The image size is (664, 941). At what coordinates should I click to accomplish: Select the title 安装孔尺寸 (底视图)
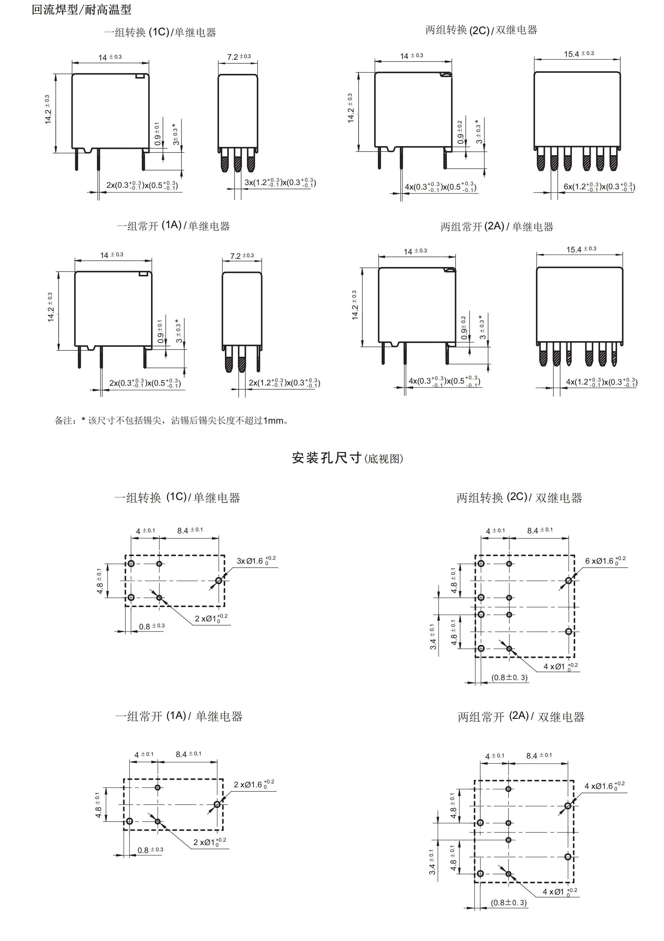pos(347,458)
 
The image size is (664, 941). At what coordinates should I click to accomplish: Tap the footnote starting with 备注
pos(172,420)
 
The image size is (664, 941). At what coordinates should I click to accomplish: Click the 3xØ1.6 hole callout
pos(256,561)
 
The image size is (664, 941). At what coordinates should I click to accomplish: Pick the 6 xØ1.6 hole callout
pos(605,561)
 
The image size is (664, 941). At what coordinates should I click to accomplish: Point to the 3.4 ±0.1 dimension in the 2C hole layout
pos(433,637)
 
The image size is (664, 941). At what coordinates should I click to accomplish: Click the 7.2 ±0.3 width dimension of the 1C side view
pos(239,57)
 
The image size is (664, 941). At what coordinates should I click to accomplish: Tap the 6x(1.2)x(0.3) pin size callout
pos(599,187)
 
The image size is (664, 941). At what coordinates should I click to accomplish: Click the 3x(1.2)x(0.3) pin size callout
pos(280,183)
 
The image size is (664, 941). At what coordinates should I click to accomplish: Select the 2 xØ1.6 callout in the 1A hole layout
pos(254,785)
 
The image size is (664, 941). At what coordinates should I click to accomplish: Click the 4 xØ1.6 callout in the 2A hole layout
pos(604,786)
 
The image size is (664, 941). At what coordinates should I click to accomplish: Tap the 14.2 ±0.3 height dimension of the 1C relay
pos(48,109)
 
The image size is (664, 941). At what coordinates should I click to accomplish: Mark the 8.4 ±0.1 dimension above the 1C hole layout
pos(190,530)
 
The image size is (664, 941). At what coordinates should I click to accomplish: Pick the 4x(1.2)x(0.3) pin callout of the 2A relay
pos(601,382)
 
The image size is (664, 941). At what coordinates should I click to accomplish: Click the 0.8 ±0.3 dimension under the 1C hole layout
pos(152,626)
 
